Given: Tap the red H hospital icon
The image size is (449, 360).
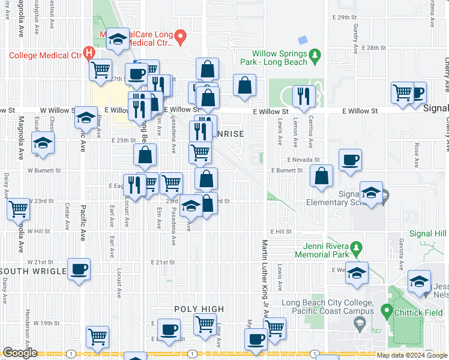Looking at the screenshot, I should tap(90, 52).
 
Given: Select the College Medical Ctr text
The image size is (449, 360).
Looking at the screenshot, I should tap(45, 55).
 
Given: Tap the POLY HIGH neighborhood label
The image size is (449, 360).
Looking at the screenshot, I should tap(199, 309).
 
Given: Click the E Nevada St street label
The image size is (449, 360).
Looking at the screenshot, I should tap(303, 160).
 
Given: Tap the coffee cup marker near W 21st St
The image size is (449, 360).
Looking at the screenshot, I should tap(79, 269).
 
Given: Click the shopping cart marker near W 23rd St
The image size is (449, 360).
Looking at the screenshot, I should tap(19, 209).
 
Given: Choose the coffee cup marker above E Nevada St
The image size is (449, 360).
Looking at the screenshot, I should tap(350, 160).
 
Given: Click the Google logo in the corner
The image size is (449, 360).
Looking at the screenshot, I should tap(20, 353).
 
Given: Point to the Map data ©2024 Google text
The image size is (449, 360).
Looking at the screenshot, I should tap(411, 355).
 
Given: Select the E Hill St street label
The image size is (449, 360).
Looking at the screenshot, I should tap(280, 232).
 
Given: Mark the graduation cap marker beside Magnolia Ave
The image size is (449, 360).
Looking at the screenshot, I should tap(43, 143).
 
